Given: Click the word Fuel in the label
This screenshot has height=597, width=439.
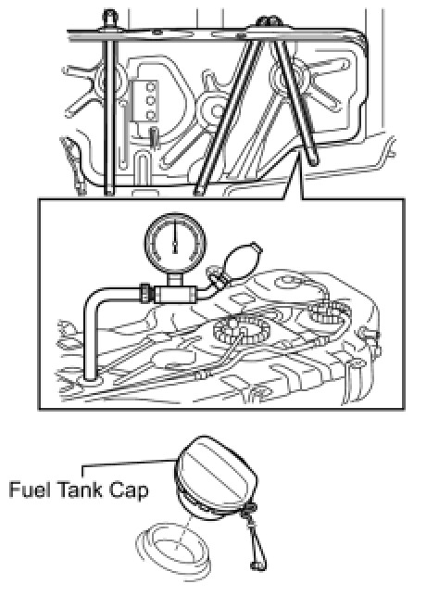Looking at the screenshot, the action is point(30,489).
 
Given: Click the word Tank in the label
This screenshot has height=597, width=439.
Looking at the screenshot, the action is point(80,489).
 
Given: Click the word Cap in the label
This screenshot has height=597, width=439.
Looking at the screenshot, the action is point(129,490).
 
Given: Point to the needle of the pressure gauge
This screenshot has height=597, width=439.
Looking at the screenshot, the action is point(175,236).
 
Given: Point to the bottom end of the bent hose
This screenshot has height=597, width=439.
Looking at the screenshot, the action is point(91,377).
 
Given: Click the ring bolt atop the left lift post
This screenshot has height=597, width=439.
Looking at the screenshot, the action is point(110,16).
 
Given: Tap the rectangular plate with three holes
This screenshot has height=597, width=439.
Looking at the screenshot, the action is point(144,100).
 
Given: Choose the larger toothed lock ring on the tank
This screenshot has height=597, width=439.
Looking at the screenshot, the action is point(241,330).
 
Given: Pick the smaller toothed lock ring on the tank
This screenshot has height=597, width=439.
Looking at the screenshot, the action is point(329,312).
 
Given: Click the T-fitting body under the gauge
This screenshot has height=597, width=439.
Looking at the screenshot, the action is point(175,294).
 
